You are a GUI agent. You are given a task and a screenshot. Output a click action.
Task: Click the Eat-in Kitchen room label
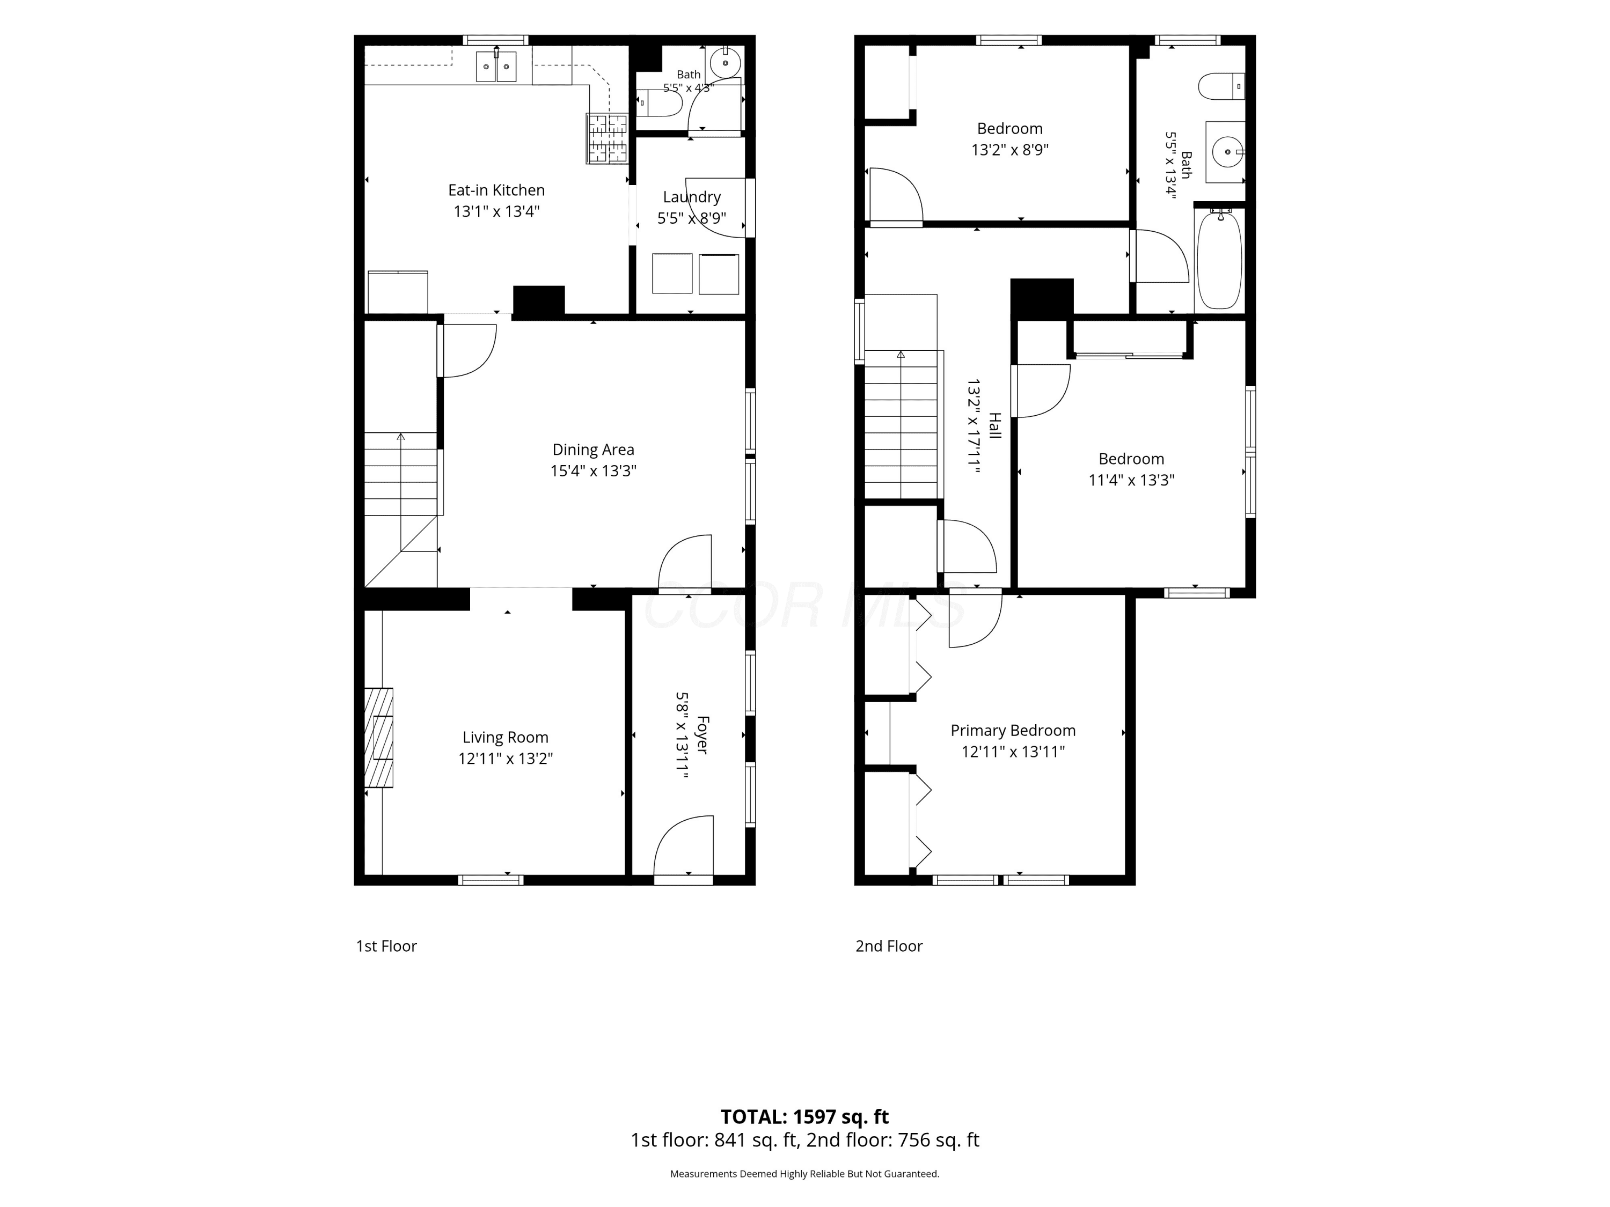tap(496, 190)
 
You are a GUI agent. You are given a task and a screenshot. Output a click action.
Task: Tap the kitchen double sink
tap(496, 66)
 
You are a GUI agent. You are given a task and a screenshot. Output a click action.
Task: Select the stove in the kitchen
tap(607, 138)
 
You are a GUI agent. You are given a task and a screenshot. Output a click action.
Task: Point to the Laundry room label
tap(691, 197)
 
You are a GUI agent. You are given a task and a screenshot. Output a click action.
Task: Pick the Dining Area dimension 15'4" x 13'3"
tap(593, 470)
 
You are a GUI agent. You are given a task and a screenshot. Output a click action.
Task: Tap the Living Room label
tap(505, 737)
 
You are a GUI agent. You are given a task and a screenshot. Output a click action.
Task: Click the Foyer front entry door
tap(684, 849)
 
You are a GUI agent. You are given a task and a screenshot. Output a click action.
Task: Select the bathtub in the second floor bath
tap(1219, 259)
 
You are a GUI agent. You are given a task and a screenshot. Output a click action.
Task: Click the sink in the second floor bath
tap(1226, 152)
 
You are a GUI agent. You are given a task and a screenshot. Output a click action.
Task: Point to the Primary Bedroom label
tap(1013, 731)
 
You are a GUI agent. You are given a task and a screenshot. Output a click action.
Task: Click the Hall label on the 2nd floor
tap(994, 425)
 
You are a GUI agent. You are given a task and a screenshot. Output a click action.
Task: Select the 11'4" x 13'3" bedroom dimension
tap(1131, 480)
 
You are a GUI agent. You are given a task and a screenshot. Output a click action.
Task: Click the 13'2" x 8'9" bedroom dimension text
tap(1009, 150)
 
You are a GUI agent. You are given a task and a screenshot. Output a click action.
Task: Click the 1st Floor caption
tap(386, 946)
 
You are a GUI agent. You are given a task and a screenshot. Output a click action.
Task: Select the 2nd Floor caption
tap(889, 946)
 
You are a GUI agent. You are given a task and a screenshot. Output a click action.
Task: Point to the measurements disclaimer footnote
tap(804, 1174)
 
